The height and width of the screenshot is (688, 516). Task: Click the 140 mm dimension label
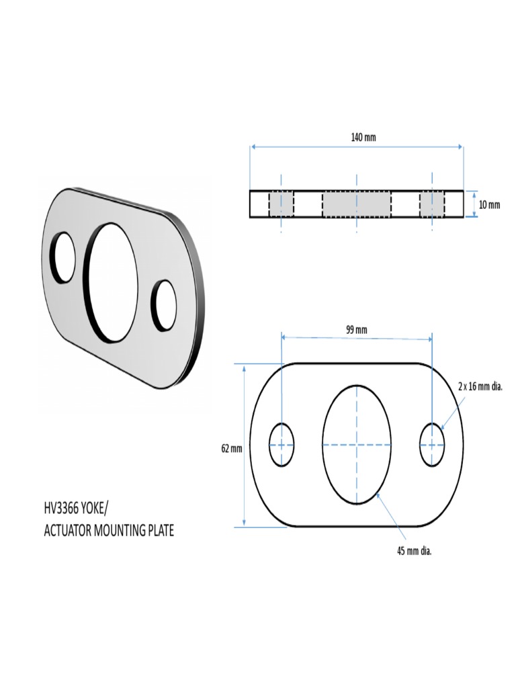(x=363, y=137)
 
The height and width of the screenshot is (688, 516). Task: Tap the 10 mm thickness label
(x=489, y=205)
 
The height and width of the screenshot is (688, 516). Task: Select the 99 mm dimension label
(x=356, y=329)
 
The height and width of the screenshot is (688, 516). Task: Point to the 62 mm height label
(x=231, y=448)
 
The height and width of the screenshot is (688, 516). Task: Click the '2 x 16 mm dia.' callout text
(x=480, y=387)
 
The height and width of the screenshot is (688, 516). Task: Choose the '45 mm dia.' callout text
(x=414, y=552)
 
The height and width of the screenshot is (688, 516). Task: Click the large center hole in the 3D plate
(x=113, y=282)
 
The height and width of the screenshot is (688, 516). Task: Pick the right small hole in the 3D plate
(x=164, y=304)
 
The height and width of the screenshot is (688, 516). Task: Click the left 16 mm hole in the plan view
(x=282, y=445)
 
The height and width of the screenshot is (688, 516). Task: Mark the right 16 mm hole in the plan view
(x=432, y=445)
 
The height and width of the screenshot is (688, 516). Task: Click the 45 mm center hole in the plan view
(x=356, y=445)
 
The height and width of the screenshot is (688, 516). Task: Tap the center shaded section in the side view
(x=356, y=204)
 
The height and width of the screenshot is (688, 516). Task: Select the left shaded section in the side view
(x=282, y=204)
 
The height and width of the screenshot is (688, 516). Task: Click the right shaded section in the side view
(x=432, y=204)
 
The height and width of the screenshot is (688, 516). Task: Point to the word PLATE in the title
(x=159, y=531)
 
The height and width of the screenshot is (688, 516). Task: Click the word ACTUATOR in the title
(x=67, y=531)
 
